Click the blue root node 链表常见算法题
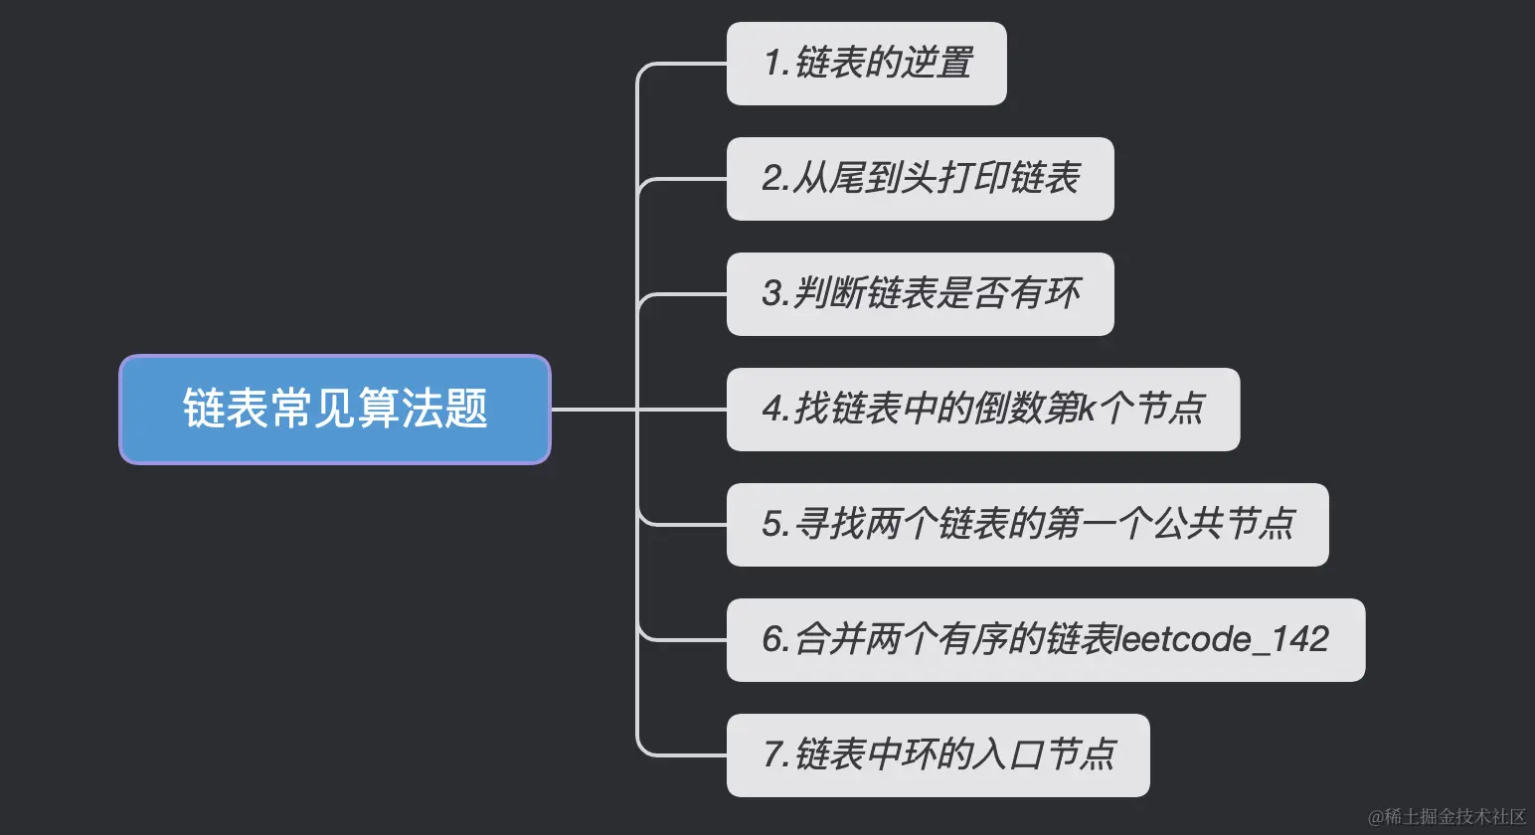point(335,410)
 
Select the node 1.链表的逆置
point(866,64)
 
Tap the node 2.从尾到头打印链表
point(920,179)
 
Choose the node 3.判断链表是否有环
point(920,294)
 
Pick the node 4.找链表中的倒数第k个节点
point(982,410)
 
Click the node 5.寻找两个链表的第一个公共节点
point(1027,525)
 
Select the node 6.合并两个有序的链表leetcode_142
point(1045,640)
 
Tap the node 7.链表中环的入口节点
point(938,755)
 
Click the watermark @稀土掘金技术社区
point(1447,817)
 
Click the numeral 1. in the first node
point(776,64)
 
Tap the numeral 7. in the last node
point(776,755)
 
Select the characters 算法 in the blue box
point(400,410)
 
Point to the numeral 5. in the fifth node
point(776,525)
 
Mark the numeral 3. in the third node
point(776,294)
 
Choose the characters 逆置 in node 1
point(938,64)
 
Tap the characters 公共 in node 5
point(1188,525)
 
